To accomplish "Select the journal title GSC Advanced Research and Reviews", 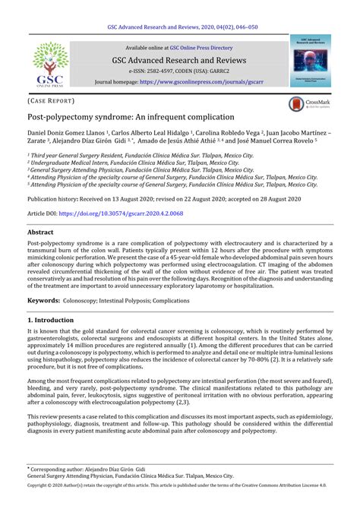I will (x=179, y=59).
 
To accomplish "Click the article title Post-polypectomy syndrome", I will (x=131, y=119).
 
